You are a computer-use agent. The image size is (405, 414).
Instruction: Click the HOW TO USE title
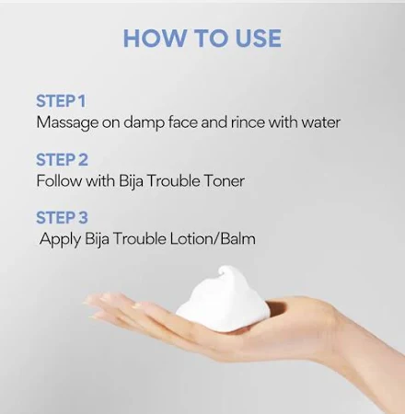click(x=202, y=39)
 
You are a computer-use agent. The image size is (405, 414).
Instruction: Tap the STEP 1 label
click(x=61, y=100)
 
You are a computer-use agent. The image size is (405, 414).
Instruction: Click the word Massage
click(x=66, y=121)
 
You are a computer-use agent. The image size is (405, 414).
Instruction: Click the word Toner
click(x=224, y=180)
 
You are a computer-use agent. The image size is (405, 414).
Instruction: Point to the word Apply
click(x=59, y=239)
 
